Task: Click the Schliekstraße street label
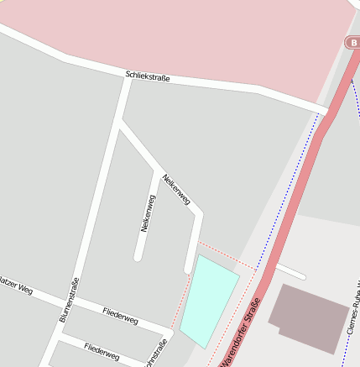148,76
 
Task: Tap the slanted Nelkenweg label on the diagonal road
177,190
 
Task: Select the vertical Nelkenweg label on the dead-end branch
148,213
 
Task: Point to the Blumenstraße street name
69,300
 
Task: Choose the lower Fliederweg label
102,352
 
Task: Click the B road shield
353,42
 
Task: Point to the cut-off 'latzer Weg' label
16,286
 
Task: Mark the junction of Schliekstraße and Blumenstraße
127,81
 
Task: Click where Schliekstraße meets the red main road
326,109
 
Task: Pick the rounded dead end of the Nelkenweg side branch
138,256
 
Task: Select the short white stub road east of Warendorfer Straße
290,271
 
